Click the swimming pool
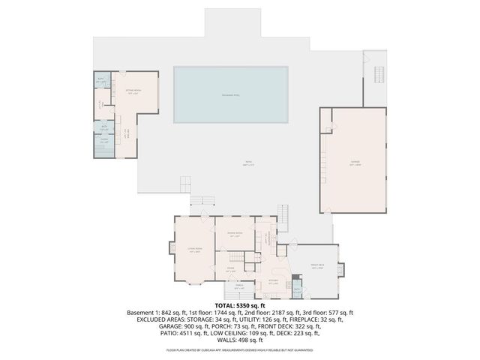pos(231,95)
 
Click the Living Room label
pos(195,252)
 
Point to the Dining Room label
pos(235,234)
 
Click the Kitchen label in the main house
pos(274,282)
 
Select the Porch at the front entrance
pos(239,287)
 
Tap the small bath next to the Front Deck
pos(297,290)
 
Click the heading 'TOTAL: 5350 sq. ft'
pos(239,306)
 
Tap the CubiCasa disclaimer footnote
pos(239,349)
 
